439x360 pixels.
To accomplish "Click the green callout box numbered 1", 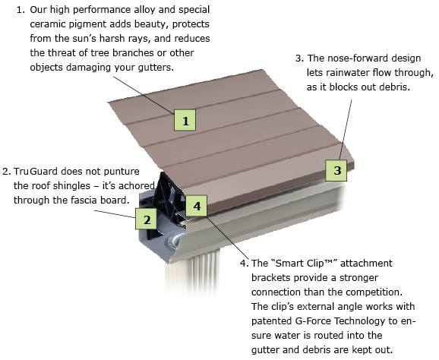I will click(x=185, y=119).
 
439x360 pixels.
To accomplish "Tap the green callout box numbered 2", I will click(x=146, y=219).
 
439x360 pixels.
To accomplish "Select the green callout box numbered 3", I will click(x=337, y=170).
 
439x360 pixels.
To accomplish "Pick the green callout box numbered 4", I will click(x=196, y=206).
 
